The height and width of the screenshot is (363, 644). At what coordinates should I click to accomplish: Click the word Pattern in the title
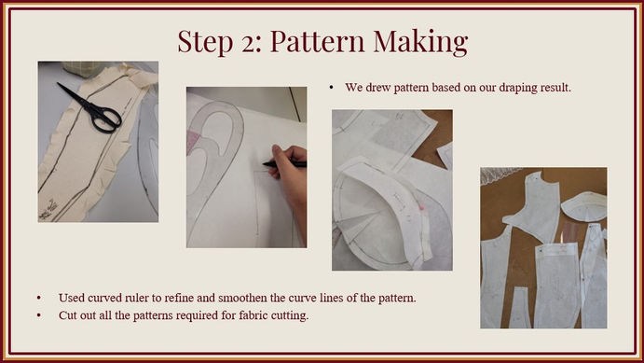pyautogui.click(x=317, y=41)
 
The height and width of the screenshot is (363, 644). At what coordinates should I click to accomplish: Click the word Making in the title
pyautogui.click(x=420, y=41)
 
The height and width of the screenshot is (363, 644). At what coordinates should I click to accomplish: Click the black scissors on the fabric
pyautogui.click(x=92, y=110)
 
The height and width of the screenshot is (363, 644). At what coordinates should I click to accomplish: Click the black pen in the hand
pyautogui.click(x=284, y=164)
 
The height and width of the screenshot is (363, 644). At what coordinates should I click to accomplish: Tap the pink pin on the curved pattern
pyautogui.click(x=421, y=208)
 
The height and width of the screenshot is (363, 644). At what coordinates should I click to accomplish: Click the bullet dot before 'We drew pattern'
pyautogui.click(x=332, y=88)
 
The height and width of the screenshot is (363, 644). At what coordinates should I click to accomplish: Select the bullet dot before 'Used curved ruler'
pyautogui.click(x=38, y=298)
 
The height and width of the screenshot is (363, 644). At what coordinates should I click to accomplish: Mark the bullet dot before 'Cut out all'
pyautogui.click(x=38, y=315)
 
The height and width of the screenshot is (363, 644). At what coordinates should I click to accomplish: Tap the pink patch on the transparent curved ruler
pyautogui.click(x=193, y=140)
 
